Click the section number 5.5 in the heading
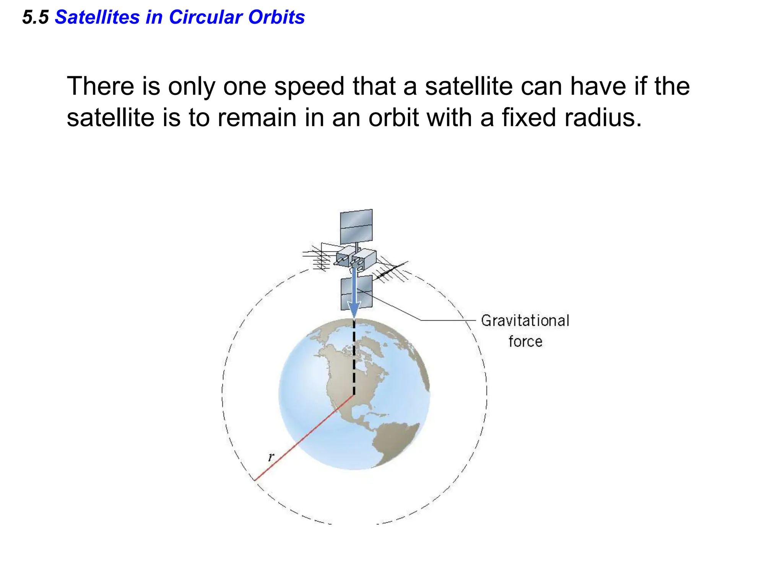coord(35,18)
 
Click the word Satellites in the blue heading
coord(97,18)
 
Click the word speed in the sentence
coord(309,87)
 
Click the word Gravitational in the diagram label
coord(525,321)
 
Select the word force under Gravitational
coord(525,341)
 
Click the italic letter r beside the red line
coord(271,457)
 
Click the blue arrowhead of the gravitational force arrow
coord(354,309)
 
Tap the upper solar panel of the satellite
coord(356,227)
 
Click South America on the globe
coord(394,440)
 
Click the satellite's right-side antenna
coord(392,270)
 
